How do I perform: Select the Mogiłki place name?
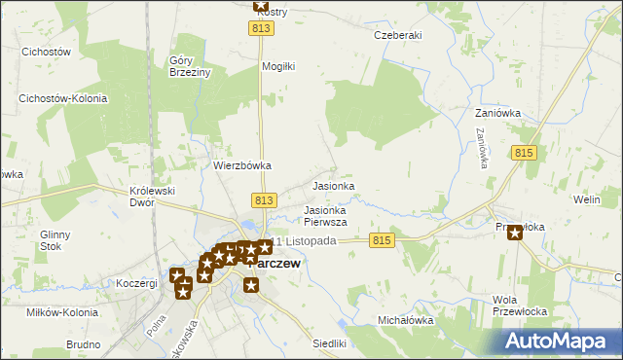click(x=277, y=67)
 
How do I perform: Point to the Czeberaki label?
click(x=397, y=35)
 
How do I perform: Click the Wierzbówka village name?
click(x=242, y=165)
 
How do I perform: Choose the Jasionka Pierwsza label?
click(x=325, y=216)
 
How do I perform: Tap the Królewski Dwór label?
click(x=152, y=198)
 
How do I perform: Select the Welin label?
click(x=586, y=199)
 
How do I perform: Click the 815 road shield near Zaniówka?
click(x=524, y=154)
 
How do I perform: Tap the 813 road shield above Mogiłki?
click(x=260, y=30)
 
